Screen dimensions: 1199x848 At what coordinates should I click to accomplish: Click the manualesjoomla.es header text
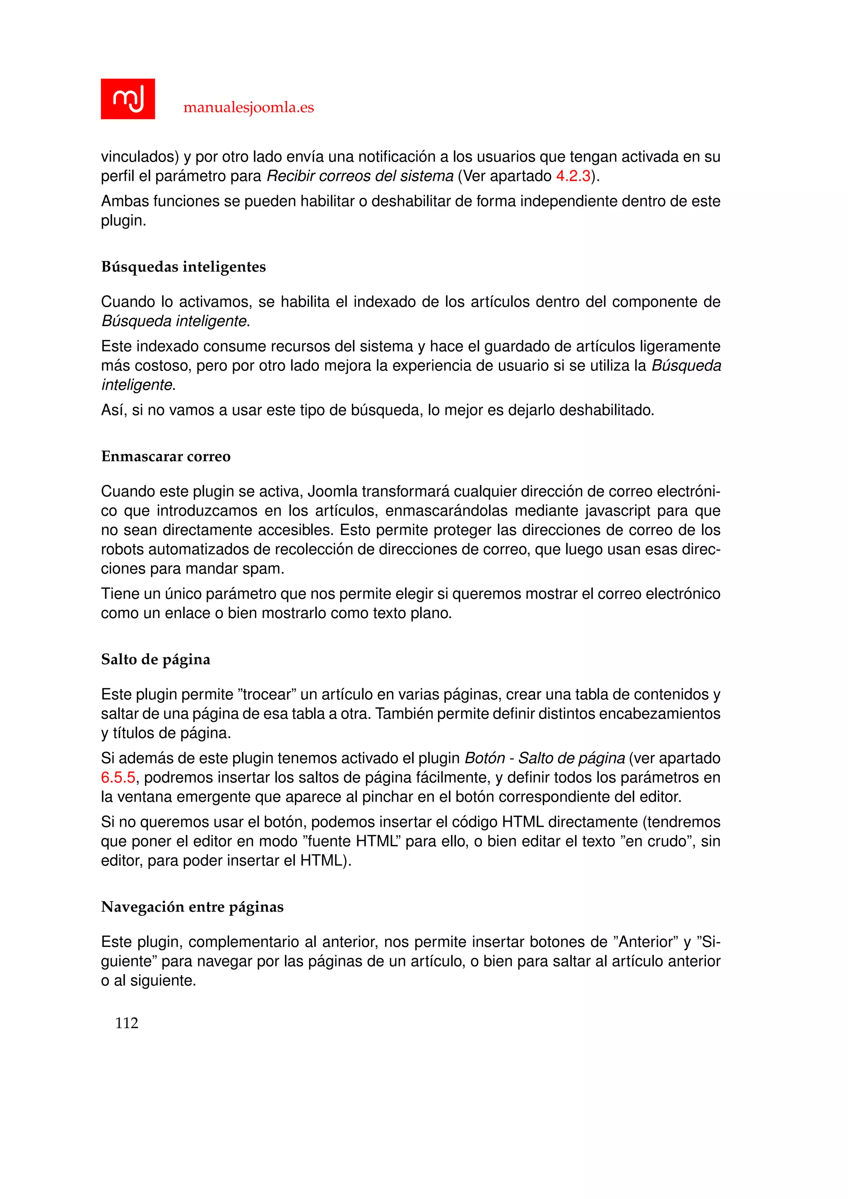pos(248,108)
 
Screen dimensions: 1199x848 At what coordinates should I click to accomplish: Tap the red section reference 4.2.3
pos(573,176)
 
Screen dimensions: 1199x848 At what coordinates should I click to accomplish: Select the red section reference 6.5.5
pos(118,778)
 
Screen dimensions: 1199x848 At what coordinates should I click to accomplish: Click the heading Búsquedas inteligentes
pos(183,267)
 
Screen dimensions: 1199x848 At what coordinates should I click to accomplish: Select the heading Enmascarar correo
pos(166,456)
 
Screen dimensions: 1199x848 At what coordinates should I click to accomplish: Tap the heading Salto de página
pos(156,660)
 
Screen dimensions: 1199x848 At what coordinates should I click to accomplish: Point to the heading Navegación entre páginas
pos(192,907)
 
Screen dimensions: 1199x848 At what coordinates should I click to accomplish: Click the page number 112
pos(126,1023)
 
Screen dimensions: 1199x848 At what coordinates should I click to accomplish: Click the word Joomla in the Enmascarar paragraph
pos(332,491)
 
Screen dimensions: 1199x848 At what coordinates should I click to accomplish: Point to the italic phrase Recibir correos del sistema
pos(360,176)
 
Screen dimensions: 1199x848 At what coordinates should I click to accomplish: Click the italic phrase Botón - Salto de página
pos(544,758)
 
